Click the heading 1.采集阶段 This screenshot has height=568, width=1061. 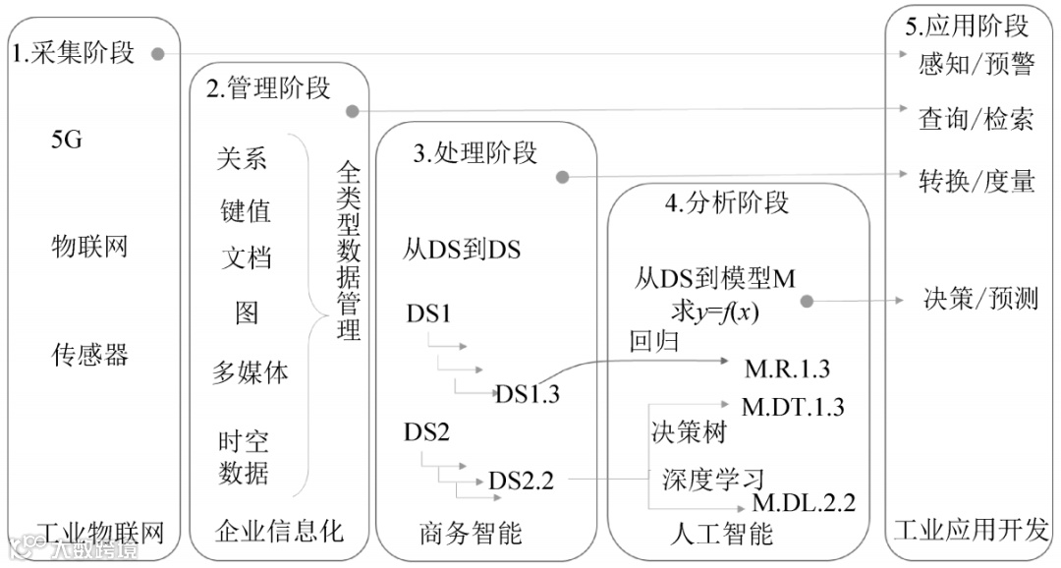(73, 52)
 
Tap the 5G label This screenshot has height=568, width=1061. (66, 140)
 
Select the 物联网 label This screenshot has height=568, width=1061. (89, 246)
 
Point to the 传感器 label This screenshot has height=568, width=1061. (89, 355)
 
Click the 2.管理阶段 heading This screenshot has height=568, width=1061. (268, 88)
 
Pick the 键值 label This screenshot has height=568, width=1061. (245, 210)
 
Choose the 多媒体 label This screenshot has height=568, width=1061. (251, 373)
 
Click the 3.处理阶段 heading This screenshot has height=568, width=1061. (475, 153)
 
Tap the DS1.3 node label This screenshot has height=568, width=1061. (527, 394)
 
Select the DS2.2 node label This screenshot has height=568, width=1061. (521, 481)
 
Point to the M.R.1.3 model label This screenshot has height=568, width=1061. (787, 369)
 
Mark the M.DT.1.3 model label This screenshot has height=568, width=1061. (792, 406)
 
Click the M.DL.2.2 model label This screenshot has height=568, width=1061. (804, 503)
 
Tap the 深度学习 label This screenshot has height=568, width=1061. (712, 480)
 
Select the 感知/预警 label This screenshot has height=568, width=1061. (977, 64)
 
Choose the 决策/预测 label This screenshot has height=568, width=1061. (980, 298)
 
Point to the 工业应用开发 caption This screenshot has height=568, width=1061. (971, 531)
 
